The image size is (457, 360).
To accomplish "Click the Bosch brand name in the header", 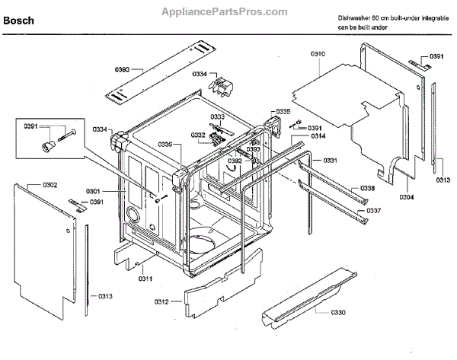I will [18, 21].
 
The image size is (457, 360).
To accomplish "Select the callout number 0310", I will [318, 54].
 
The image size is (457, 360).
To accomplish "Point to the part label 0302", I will [30, 185].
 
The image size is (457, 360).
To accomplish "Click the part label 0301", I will [93, 191].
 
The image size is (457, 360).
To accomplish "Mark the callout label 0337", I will [373, 210].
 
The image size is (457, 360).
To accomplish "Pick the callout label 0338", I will [367, 188].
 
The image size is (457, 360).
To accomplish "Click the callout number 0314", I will [318, 135].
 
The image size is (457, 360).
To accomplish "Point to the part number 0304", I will [407, 197].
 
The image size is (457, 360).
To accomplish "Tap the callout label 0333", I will [217, 116].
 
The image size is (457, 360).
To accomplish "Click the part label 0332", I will [197, 135].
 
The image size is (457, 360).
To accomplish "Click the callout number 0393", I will [254, 148].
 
